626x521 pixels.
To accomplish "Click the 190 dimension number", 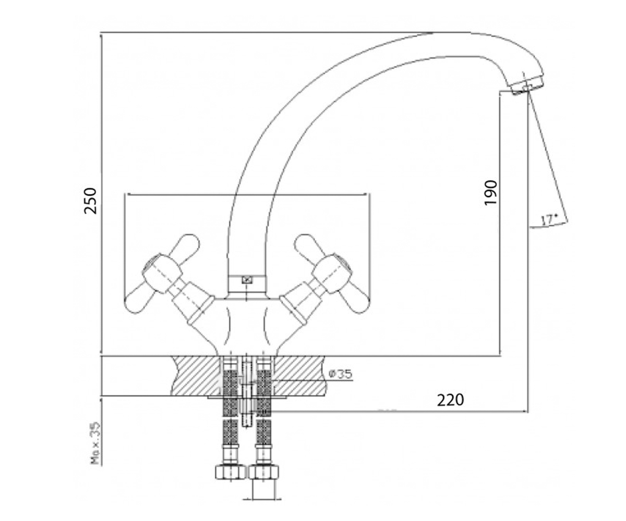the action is [490, 193].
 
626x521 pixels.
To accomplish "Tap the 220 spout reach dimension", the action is [450, 400].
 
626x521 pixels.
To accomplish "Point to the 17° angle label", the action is [549, 220].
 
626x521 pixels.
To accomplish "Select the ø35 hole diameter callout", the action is [340, 374].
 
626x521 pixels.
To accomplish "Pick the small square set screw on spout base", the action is [247, 280].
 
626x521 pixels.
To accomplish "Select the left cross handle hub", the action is [162, 273].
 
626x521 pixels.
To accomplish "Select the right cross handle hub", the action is [331, 273].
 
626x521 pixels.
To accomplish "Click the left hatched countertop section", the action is [196, 376].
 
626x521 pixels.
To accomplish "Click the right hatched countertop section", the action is [300, 376].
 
